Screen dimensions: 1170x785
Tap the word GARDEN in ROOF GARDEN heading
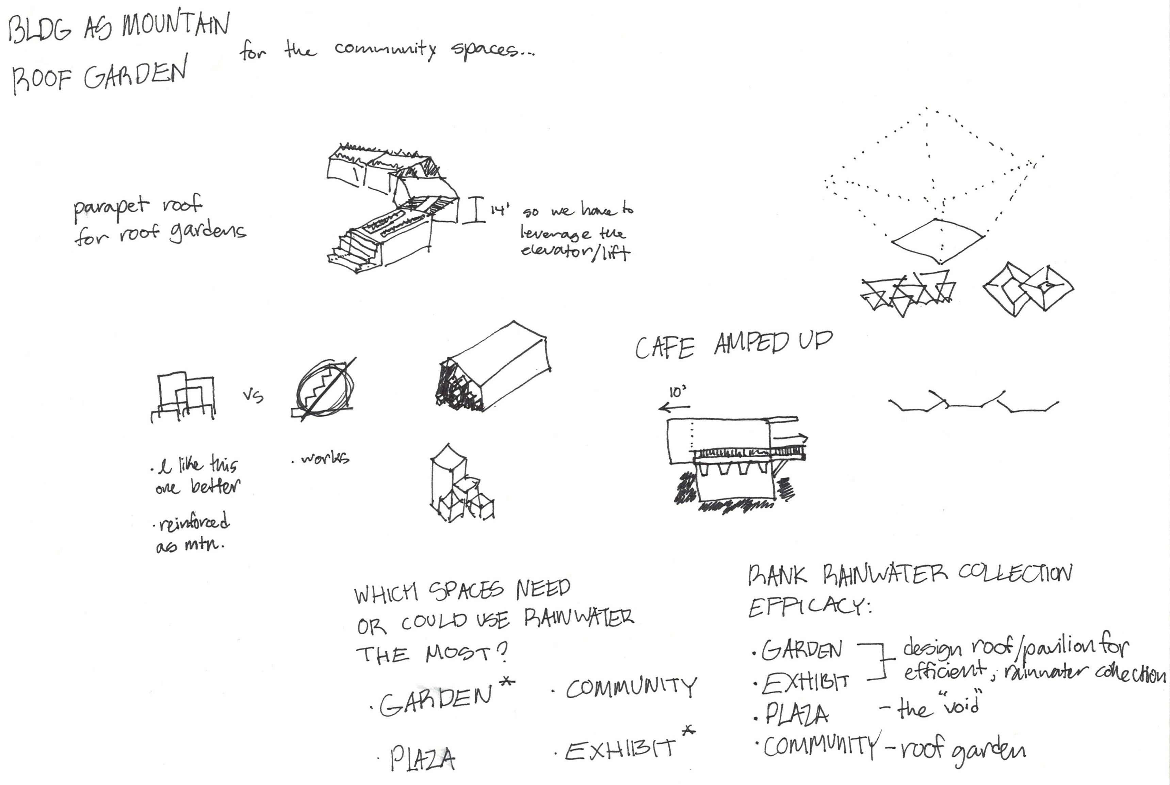point(135,75)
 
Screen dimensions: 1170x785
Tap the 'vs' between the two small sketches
point(253,396)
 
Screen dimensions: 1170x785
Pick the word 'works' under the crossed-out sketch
point(324,458)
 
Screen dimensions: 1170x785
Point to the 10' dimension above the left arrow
point(677,392)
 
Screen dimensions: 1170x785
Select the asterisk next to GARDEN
point(507,682)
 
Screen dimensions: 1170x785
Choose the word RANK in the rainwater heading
point(777,576)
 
